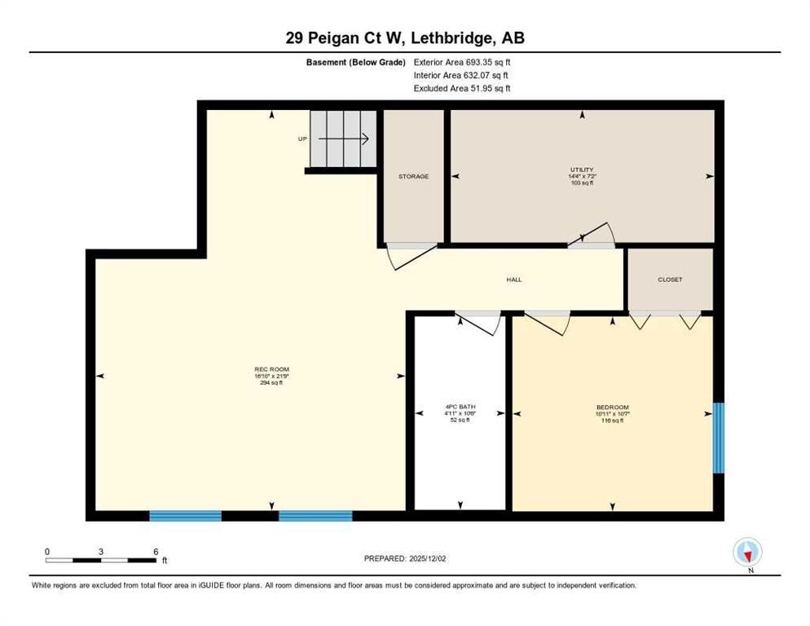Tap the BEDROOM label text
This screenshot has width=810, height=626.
click(612, 407)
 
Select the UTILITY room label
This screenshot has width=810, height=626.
click(582, 170)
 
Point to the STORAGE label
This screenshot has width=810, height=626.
click(413, 176)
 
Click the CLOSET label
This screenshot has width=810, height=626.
click(670, 280)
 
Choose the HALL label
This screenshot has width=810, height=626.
click(513, 280)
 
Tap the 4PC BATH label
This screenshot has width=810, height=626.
click(460, 406)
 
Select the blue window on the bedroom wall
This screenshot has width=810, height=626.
click(718, 438)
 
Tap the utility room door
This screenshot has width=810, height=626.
click(593, 234)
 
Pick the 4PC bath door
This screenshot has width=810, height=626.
click(481, 323)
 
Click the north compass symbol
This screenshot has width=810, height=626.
click(747, 553)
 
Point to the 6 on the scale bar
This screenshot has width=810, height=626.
click(155, 551)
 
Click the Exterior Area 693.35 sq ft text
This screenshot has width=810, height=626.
click(462, 61)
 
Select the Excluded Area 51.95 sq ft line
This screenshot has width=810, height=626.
click(462, 88)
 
